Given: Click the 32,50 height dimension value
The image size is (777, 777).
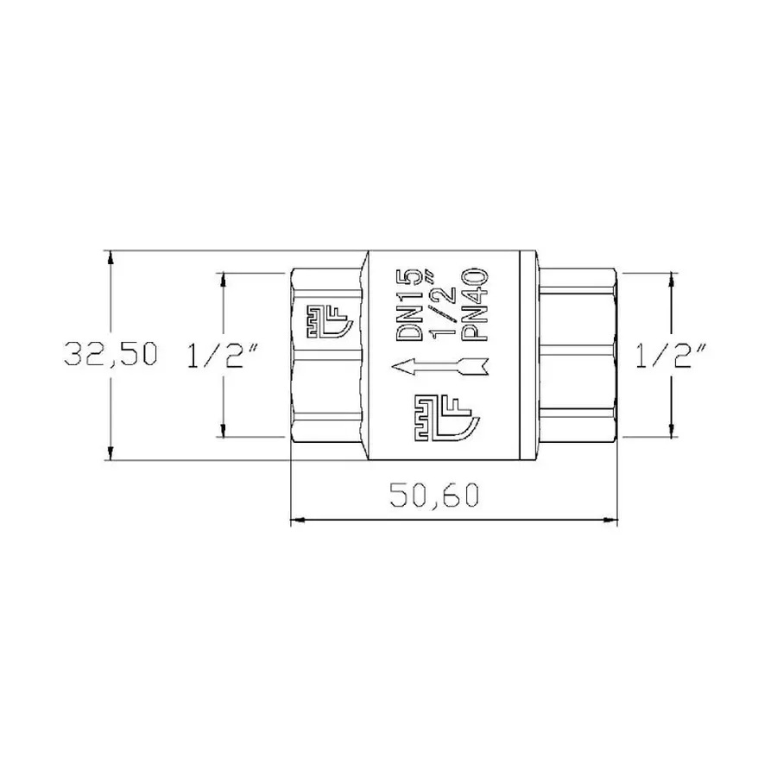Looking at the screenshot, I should click(x=111, y=354).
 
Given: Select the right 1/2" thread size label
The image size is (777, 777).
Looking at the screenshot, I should click(x=671, y=354).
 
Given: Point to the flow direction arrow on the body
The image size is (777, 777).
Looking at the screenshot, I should click(x=440, y=368).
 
